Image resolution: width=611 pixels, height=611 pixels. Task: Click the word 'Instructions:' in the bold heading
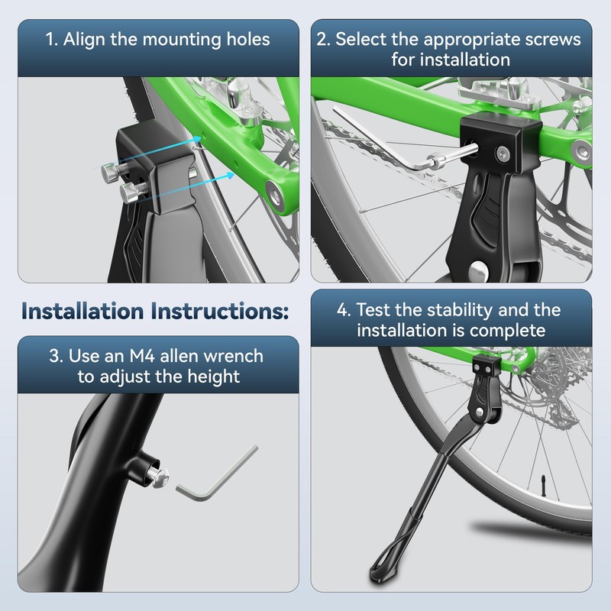click(225, 312)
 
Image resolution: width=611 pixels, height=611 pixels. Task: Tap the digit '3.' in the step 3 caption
click(54, 355)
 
